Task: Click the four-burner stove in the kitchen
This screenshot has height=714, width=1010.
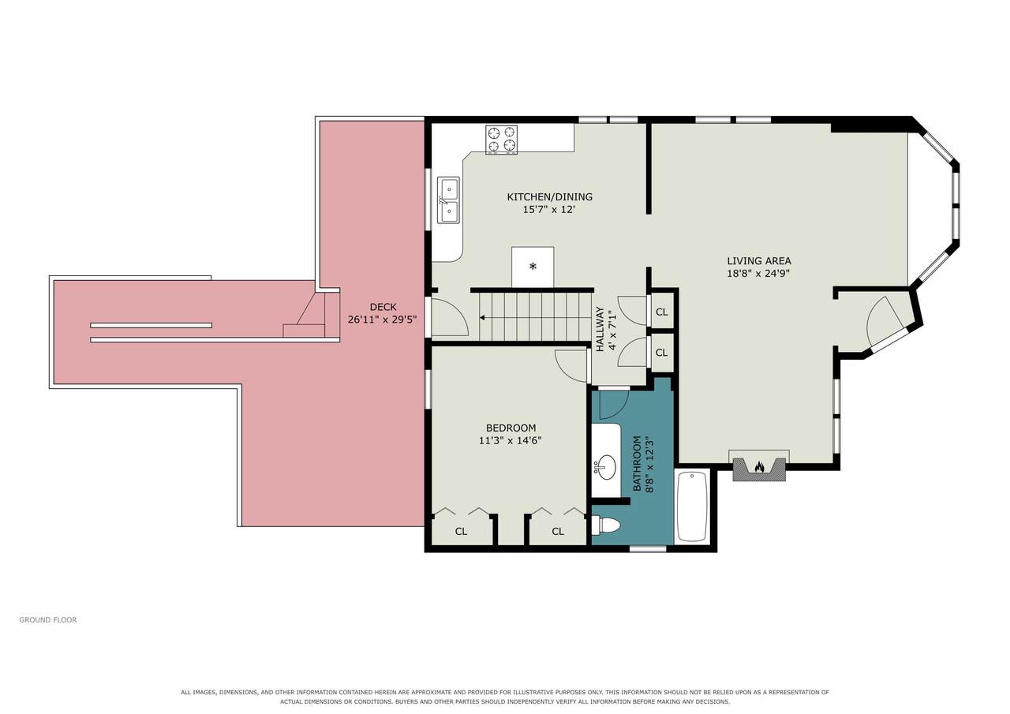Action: [501, 140]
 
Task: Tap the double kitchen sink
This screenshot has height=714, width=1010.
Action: [448, 200]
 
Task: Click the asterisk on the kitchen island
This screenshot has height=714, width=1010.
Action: [533, 266]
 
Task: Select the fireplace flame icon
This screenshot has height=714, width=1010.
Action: [760, 466]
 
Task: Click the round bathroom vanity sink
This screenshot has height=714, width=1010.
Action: [605, 467]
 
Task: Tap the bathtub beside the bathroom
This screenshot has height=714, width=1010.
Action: [692, 507]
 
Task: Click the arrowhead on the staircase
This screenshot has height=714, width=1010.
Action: [482, 318]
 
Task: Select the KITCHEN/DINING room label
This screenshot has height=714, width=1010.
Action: [550, 197]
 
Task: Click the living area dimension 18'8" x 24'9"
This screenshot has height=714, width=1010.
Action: [758, 273]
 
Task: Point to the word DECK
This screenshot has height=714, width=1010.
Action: [383, 307]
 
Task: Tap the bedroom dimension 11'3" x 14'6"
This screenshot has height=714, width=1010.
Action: [510, 440]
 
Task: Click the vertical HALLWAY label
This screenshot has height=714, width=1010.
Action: [600, 329]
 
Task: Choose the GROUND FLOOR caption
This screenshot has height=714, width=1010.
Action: [48, 620]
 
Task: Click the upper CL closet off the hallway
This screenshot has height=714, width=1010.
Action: [661, 312]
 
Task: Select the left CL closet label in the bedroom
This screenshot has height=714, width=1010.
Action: [461, 532]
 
